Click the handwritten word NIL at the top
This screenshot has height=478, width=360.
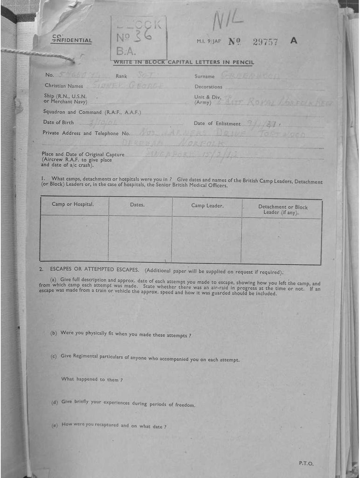[x=228, y=20]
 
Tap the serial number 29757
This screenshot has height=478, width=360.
[x=265, y=42]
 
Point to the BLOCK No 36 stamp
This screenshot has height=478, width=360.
[x=138, y=37]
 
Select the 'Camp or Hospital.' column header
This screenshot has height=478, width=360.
[x=73, y=204]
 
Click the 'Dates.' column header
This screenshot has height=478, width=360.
[x=137, y=204]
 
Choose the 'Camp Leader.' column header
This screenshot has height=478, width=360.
[x=207, y=205]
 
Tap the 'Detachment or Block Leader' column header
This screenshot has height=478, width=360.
[x=283, y=210]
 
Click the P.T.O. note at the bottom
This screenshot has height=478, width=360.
[x=306, y=463]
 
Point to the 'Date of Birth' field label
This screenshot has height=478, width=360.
[x=58, y=122]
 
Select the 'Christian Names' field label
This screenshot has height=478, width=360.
[x=64, y=86]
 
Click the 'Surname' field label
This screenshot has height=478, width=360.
[x=205, y=76]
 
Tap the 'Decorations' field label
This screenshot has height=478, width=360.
[x=208, y=87]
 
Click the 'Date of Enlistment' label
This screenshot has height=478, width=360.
[x=217, y=123]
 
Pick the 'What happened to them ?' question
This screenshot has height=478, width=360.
[x=92, y=380]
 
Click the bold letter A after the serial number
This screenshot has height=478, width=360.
[x=293, y=40]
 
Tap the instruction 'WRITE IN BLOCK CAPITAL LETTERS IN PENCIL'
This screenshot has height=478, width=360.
[x=184, y=62]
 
